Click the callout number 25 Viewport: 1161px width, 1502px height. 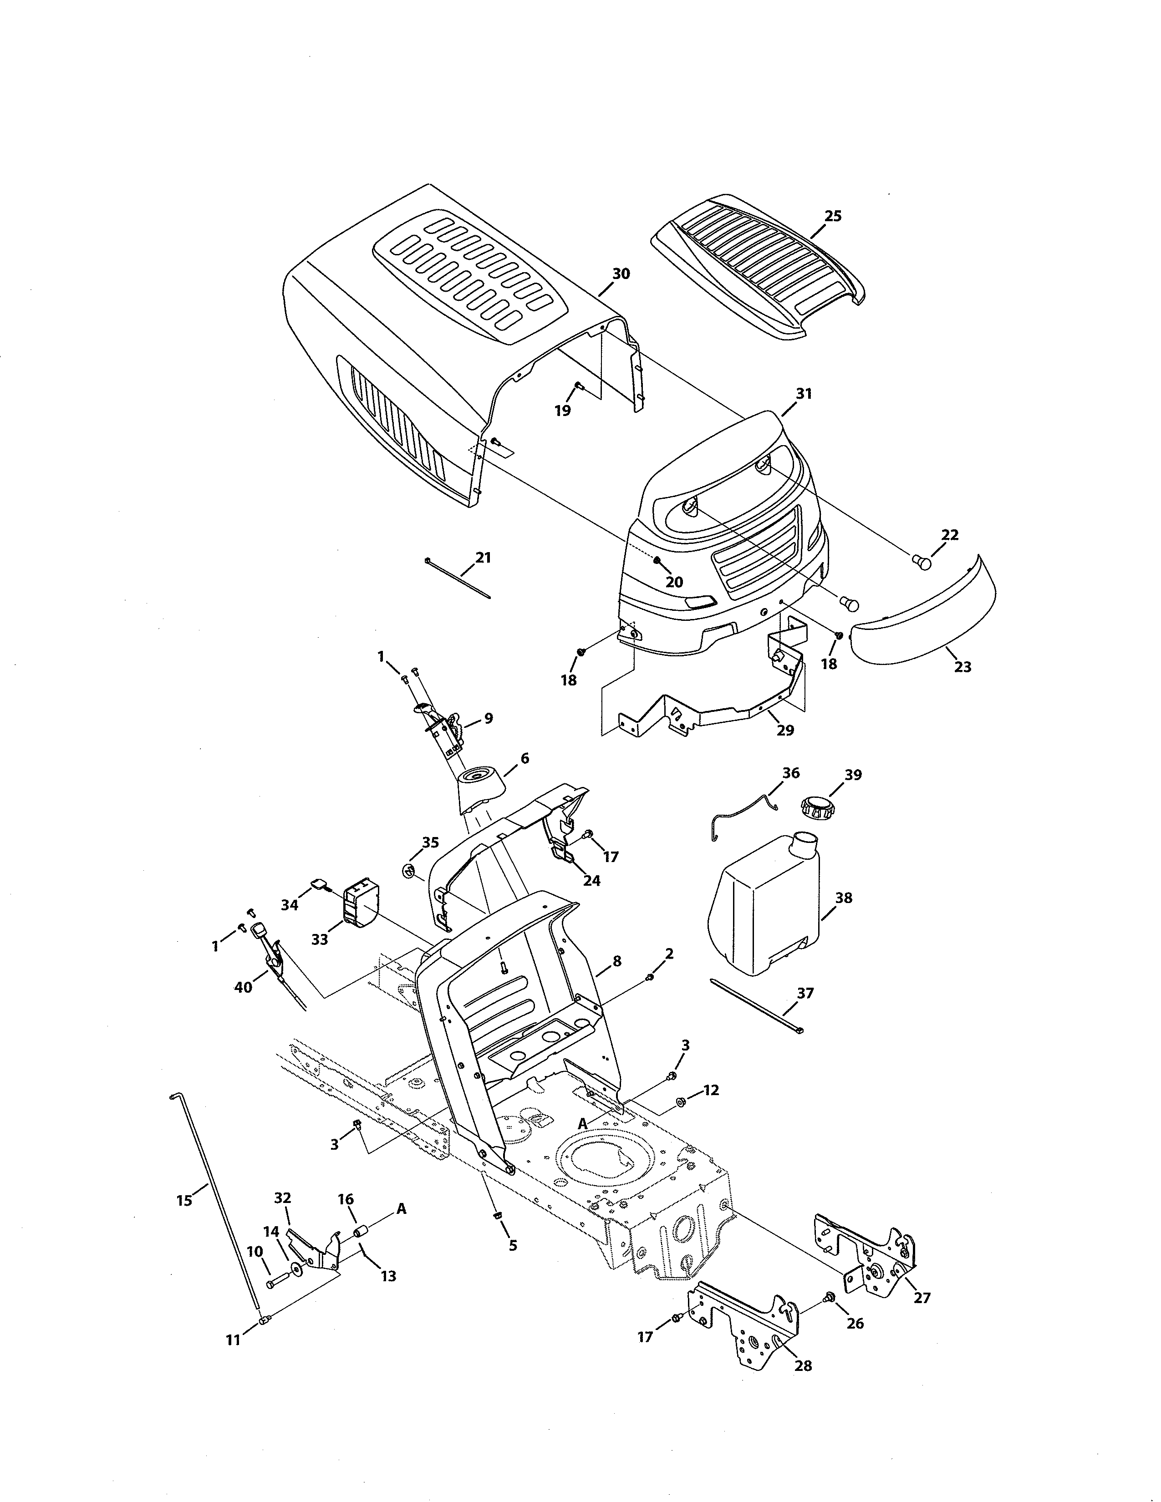click(832, 216)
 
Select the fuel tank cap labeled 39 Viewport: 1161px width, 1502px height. click(816, 806)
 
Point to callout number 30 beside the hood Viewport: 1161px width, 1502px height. click(621, 274)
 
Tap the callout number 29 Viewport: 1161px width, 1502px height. click(785, 731)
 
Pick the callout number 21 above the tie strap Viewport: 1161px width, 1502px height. click(484, 557)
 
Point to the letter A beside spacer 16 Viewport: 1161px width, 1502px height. click(401, 1209)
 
